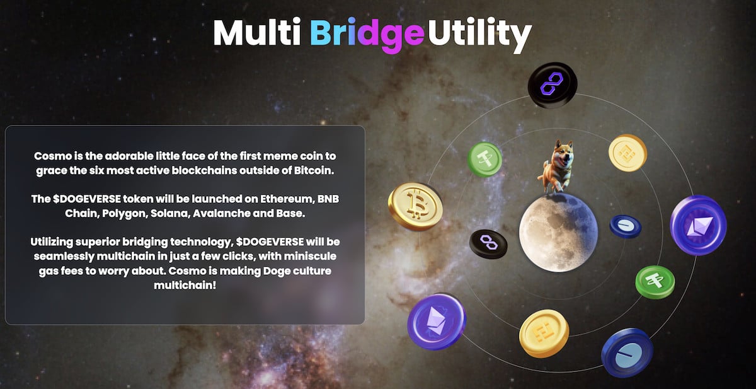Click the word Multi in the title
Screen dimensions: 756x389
257,32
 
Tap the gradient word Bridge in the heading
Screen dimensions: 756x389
367,35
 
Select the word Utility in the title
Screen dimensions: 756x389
480,35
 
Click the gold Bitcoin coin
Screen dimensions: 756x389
415,206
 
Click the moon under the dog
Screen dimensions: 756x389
558,233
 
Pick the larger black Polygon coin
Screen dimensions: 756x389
553,85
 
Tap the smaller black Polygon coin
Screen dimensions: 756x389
488,244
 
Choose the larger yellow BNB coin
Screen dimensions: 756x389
544,334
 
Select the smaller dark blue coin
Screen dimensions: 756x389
626,226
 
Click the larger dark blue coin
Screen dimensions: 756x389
627,352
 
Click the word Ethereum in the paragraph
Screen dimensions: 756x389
287,199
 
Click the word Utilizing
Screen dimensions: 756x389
52,243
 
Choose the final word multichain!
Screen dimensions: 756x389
185,286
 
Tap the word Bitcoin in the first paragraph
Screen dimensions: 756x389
314,170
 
